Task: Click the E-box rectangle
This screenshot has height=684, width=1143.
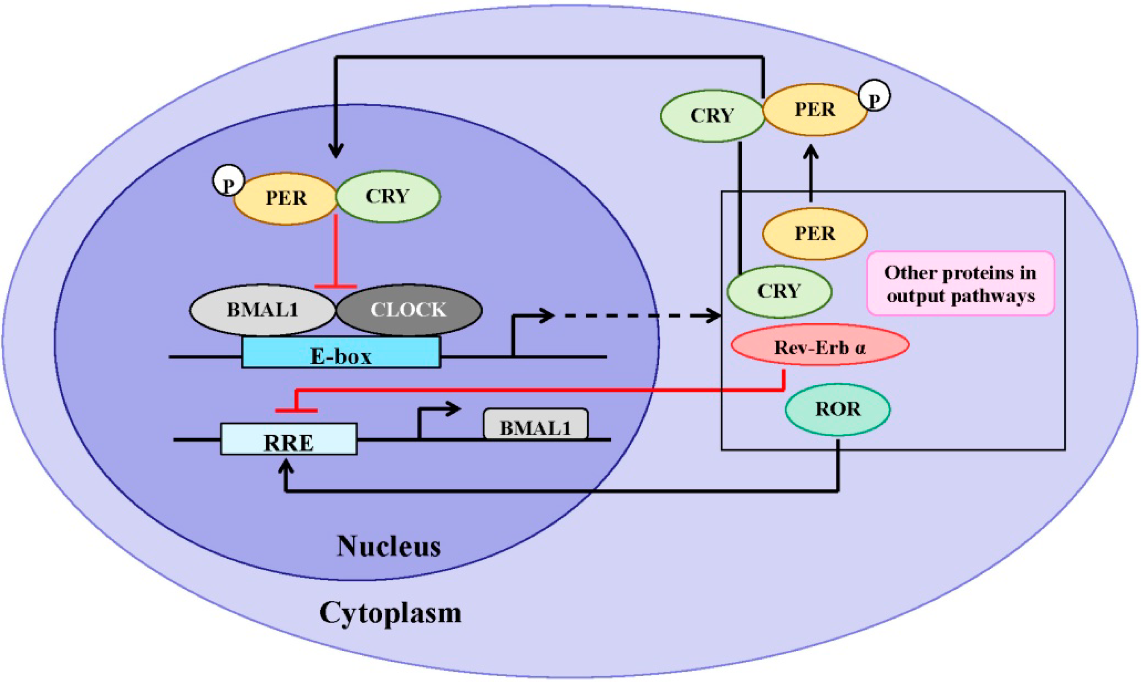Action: [341, 353]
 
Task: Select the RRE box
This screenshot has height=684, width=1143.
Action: [289, 439]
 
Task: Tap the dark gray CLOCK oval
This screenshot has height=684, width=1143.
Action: [409, 310]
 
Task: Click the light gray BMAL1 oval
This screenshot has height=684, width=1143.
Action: [262, 310]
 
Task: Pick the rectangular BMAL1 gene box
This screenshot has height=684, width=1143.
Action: [535, 424]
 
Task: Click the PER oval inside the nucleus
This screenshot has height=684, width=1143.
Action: [286, 199]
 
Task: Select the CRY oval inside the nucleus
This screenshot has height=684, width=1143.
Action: [388, 197]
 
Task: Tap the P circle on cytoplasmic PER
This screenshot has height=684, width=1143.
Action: [874, 95]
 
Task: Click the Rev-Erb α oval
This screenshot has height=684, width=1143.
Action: [820, 345]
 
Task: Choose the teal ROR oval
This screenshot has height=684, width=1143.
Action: [838, 409]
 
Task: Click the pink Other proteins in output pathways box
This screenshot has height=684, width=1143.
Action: [960, 283]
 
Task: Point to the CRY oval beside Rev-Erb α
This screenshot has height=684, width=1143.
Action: [779, 291]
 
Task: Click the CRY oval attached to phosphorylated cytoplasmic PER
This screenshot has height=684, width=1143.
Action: [712, 116]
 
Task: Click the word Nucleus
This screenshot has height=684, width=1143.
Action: [388, 547]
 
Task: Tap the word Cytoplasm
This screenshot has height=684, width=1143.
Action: [390, 613]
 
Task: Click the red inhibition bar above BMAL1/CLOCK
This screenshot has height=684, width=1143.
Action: [336, 286]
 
